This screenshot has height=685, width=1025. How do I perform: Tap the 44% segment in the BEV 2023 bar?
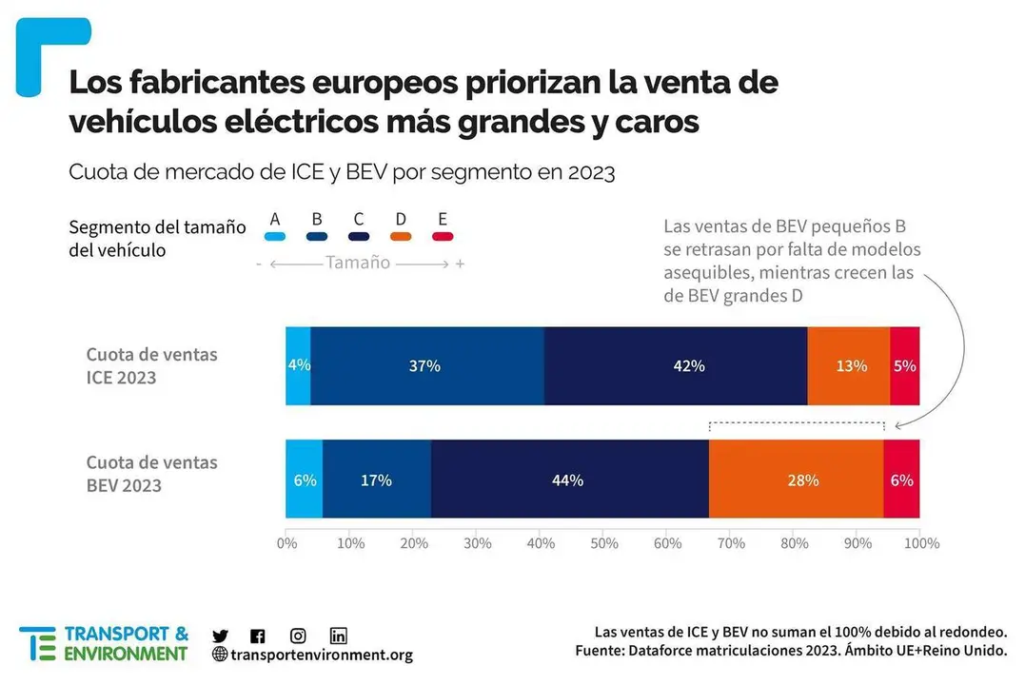click(x=569, y=479)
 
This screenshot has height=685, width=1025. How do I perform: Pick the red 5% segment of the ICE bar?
click(x=904, y=366)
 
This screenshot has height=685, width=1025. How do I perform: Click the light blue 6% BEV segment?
click(x=305, y=479)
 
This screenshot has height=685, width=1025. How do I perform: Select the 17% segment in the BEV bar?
click(x=377, y=479)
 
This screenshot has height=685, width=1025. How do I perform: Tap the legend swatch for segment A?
click(x=275, y=237)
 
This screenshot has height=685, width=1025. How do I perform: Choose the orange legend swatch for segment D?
click(x=401, y=237)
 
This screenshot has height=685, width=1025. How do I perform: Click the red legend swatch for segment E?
click(x=443, y=237)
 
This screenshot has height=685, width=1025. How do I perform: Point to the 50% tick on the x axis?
click(x=603, y=543)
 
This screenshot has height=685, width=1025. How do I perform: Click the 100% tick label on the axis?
click(x=920, y=543)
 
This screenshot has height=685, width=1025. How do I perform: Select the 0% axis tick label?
click(x=286, y=543)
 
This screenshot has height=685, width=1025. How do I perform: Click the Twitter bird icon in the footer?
click(x=220, y=636)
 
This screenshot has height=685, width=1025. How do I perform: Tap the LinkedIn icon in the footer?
click(x=338, y=636)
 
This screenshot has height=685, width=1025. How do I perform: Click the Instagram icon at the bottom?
click(x=298, y=636)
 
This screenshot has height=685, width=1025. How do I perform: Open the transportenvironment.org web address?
click(x=321, y=655)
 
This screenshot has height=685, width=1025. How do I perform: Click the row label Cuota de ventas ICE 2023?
click(x=152, y=366)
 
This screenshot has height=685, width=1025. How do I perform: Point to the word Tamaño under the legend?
click(x=358, y=263)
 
